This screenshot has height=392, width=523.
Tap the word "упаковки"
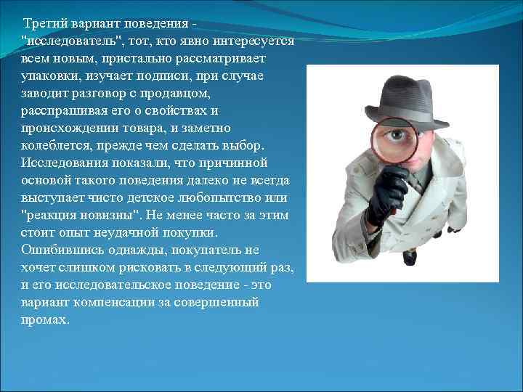pos(47,77)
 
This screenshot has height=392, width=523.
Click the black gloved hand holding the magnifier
pos(386,192)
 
